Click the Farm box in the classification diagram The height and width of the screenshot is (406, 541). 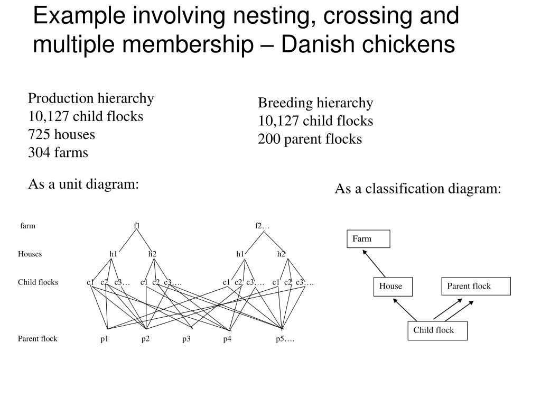click(368, 239)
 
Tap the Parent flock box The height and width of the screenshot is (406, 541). click(476, 287)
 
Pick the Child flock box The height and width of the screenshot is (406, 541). click(437, 330)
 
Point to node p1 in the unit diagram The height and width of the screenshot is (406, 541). click(105, 339)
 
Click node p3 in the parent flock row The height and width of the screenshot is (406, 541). click(186, 339)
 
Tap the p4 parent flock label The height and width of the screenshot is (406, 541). click(227, 339)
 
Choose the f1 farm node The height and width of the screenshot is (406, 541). click(137, 226)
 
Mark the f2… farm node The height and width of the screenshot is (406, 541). click(262, 226)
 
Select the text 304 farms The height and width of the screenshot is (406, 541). click(58, 152)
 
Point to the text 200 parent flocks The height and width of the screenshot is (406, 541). click(310, 139)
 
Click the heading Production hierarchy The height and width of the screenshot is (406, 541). click(90, 98)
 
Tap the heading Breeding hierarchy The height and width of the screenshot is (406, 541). click(315, 103)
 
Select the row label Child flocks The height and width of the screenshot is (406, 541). click(38, 282)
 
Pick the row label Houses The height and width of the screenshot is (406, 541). click(30, 254)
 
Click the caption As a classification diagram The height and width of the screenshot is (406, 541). click(417, 189)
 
